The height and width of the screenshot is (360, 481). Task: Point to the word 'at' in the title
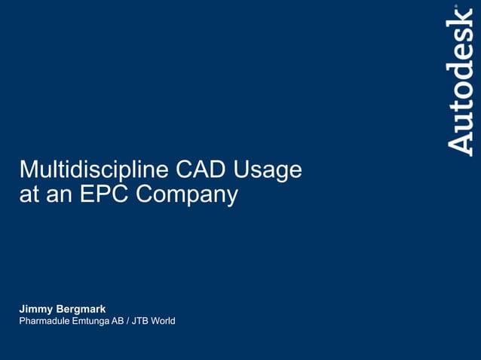[28, 195]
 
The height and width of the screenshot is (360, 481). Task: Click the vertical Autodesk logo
[460, 81]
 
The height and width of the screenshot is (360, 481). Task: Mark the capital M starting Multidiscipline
[27, 169]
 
